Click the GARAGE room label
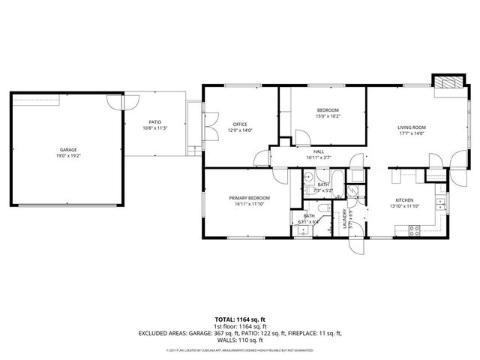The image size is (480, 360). click(68, 150)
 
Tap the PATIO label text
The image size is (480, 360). click(154, 122)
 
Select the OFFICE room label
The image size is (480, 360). click(240, 124)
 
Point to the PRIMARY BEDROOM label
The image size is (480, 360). click(249, 197)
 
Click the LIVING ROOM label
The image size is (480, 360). click(412, 127)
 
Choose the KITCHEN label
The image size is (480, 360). click(405, 200)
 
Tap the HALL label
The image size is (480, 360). click(319, 151)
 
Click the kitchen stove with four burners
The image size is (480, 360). click(414, 231)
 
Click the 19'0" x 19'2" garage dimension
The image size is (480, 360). click(68, 156)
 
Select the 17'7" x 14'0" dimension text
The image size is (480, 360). click(412, 133)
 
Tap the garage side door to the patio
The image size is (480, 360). click(115, 103)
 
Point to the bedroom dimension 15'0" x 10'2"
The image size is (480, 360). click(328, 116)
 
